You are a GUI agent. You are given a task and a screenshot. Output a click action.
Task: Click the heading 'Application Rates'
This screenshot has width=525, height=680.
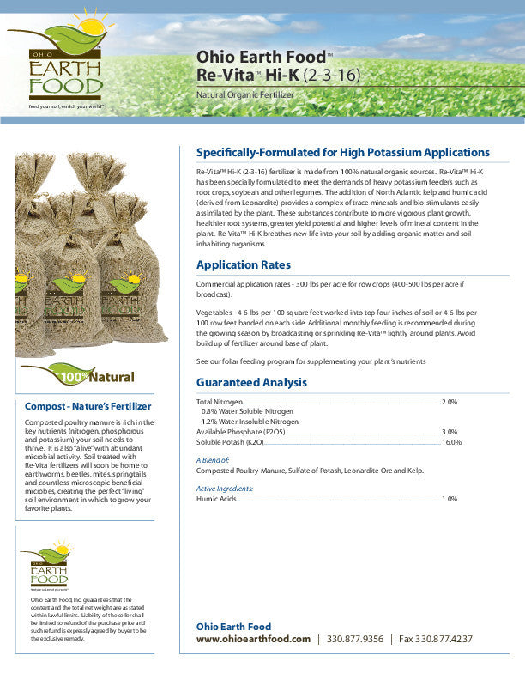click(x=244, y=264)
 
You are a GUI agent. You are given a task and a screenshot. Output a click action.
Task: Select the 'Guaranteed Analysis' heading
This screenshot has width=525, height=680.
click(x=251, y=382)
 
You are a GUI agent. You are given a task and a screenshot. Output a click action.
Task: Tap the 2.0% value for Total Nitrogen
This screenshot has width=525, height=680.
click(x=450, y=402)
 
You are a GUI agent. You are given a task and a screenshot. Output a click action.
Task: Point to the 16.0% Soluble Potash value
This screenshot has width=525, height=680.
click(x=451, y=442)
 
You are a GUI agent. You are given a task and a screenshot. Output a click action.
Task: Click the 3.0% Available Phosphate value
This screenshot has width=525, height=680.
click(x=450, y=432)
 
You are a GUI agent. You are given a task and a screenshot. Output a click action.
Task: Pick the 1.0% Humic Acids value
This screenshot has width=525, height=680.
click(x=450, y=499)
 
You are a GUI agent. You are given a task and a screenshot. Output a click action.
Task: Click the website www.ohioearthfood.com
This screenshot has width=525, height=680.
click(x=253, y=640)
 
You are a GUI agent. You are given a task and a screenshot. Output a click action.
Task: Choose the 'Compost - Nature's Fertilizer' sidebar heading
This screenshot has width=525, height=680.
click(x=87, y=406)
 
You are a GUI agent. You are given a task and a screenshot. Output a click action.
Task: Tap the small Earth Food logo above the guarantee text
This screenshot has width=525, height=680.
click(x=49, y=568)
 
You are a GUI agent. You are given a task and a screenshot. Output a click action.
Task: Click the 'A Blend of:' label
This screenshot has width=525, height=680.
click(x=214, y=461)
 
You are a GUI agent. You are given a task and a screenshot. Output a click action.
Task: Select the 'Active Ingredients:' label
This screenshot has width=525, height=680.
click(x=225, y=489)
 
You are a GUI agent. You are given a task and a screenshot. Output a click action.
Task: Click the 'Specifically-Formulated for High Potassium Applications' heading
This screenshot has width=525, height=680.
click(x=343, y=152)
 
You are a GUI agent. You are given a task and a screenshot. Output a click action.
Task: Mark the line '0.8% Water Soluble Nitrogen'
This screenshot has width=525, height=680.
click(x=249, y=412)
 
